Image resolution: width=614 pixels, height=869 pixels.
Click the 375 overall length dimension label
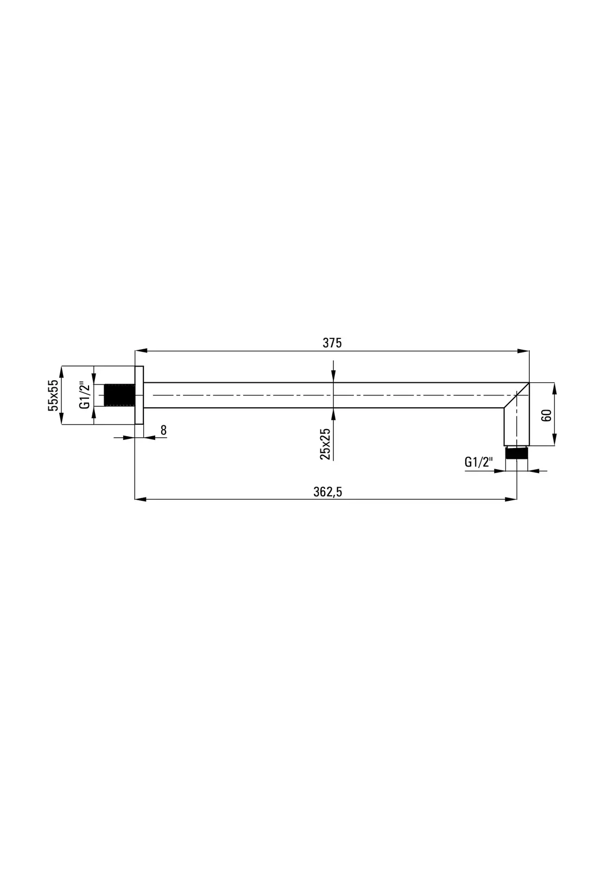(332, 343)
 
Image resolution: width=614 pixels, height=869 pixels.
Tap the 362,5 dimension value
(328, 492)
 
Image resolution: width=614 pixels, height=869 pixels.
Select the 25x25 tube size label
(325, 444)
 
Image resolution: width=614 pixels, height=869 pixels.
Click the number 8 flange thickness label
(163, 430)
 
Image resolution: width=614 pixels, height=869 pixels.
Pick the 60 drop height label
(547, 415)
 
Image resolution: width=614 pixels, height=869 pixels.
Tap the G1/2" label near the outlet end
(479, 462)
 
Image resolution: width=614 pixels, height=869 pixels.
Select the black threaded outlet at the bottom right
(516, 453)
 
